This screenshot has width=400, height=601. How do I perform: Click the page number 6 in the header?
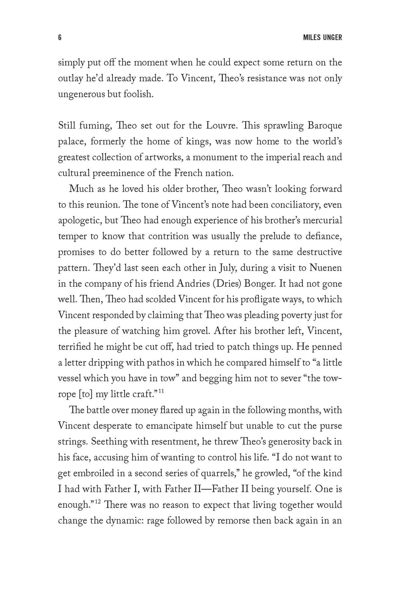[x=60, y=38]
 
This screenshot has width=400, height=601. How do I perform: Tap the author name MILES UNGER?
[x=323, y=38]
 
